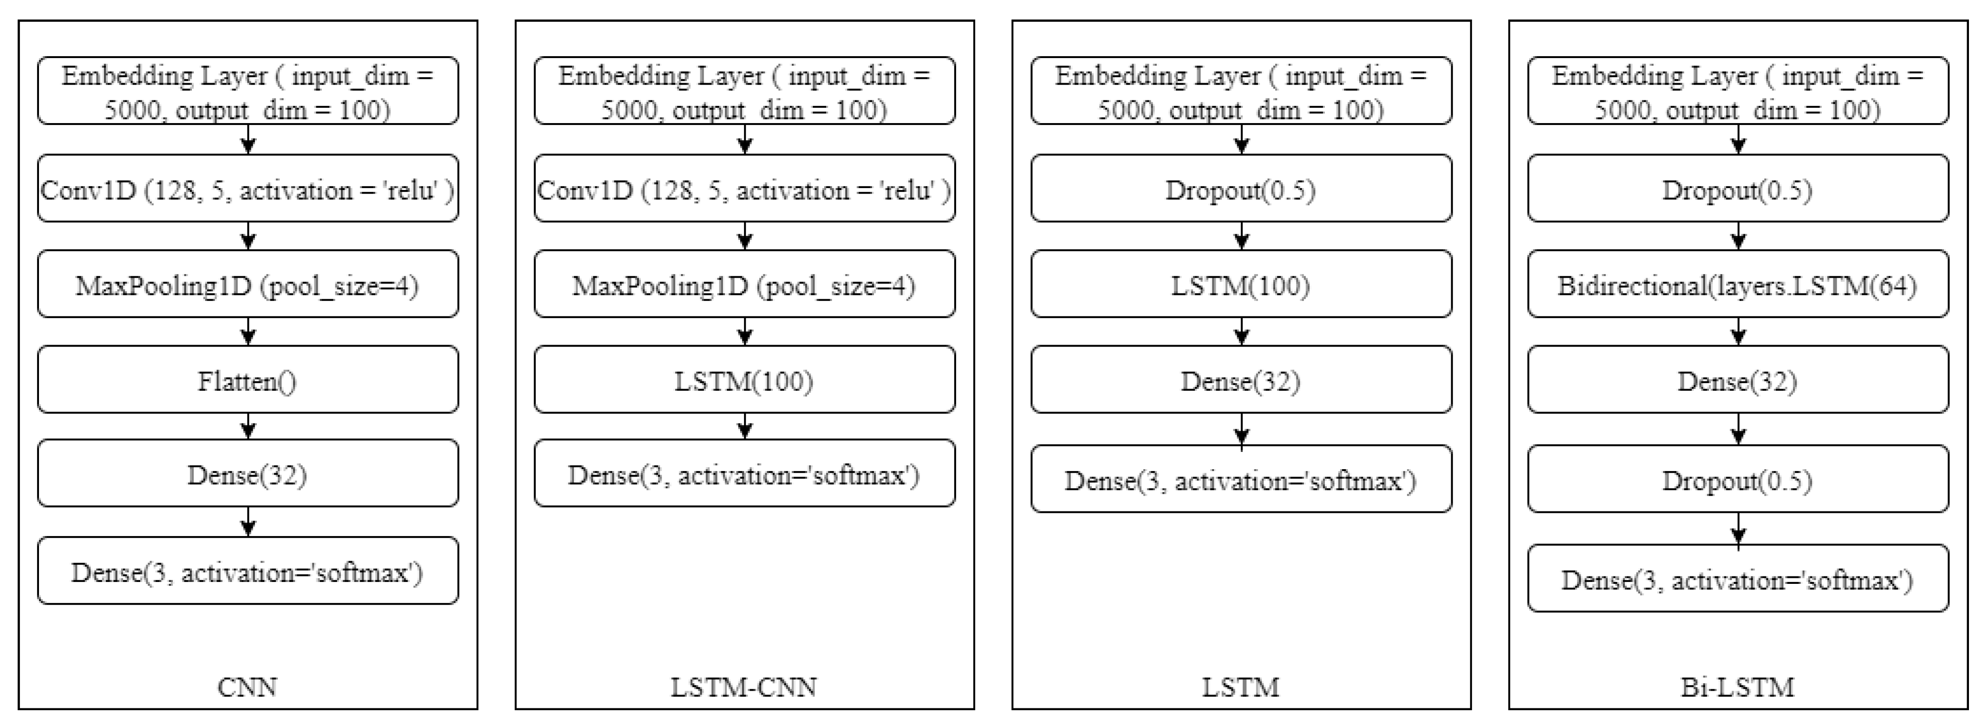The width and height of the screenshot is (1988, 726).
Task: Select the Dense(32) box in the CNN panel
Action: (x=248, y=474)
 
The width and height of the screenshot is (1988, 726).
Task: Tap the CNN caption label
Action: (x=248, y=686)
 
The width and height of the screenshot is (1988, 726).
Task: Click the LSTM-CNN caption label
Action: (x=744, y=686)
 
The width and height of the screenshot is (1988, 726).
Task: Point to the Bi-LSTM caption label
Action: (x=1737, y=686)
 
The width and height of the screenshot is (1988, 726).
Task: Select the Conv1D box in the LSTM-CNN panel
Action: (x=744, y=189)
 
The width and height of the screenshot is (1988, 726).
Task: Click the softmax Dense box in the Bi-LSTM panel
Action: (x=1737, y=579)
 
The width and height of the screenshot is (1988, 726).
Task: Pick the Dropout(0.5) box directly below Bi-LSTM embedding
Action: (x=1737, y=189)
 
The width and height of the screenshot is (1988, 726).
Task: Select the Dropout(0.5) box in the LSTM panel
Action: (x=1241, y=189)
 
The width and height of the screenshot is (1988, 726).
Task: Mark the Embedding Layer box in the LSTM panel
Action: (x=1241, y=91)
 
